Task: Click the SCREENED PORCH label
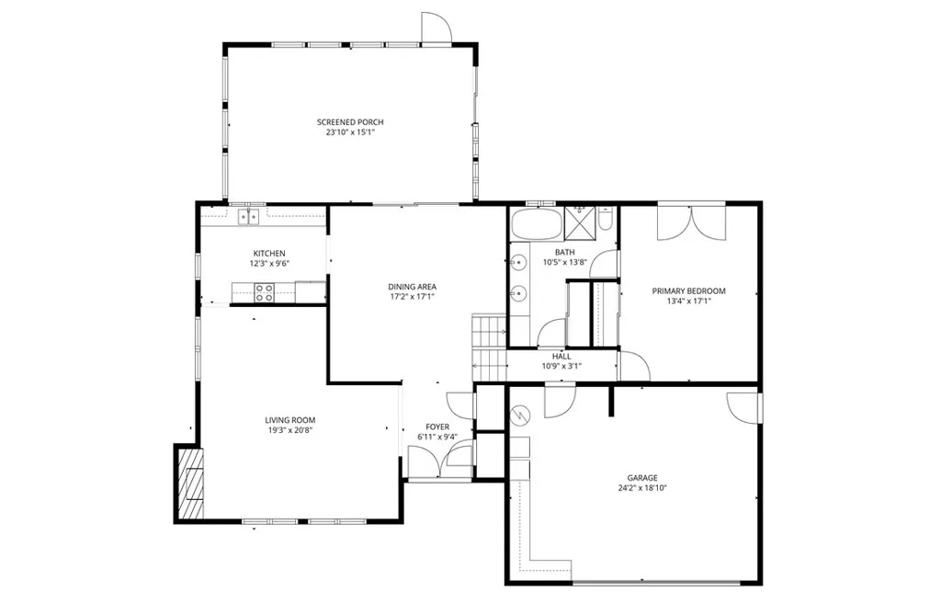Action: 350,122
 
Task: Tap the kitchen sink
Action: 247,217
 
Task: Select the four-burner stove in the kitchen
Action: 264,292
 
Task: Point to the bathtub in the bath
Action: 535,223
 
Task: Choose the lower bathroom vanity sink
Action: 519,294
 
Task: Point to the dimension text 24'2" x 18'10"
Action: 642,488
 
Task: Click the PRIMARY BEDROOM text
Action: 688,291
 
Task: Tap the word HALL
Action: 561,356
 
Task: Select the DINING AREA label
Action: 411,287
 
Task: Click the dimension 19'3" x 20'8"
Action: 290,430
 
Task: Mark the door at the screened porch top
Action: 436,29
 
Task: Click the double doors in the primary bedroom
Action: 691,222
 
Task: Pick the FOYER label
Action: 436,426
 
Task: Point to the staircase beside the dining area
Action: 489,347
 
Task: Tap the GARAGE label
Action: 642,478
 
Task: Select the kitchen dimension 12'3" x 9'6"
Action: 269,263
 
